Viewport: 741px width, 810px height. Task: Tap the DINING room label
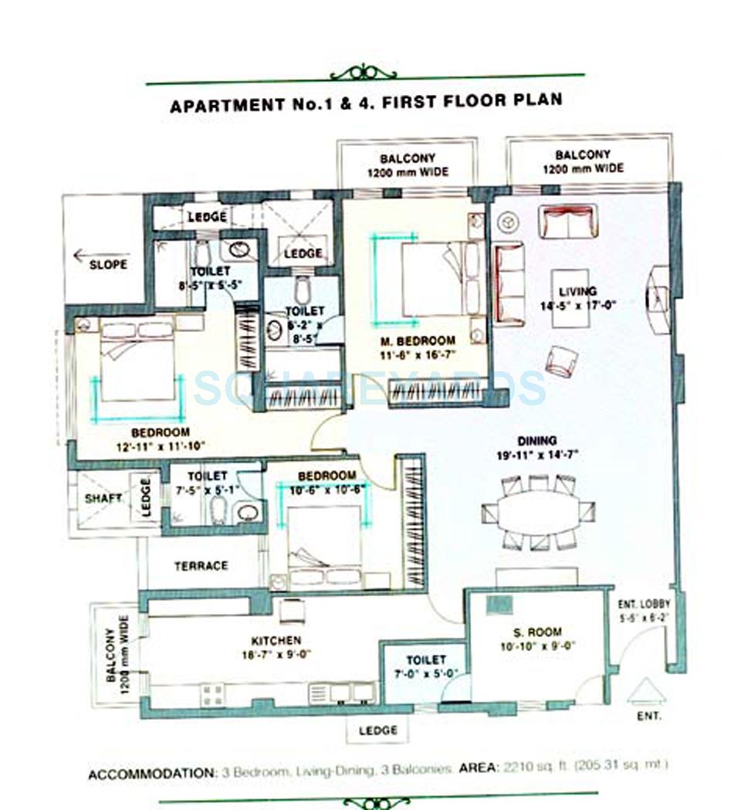click(x=538, y=441)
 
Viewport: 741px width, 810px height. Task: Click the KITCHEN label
click(x=276, y=640)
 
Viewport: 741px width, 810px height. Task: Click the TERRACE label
click(x=201, y=565)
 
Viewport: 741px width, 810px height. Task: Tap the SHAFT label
click(x=103, y=498)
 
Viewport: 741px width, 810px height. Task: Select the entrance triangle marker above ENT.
click(x=646, y=691)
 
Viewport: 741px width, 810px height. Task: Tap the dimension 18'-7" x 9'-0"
click(x=276, y=654)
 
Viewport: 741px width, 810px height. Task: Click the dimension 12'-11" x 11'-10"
click(x=161, y=446)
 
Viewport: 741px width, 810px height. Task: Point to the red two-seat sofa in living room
click(x=567, y=221)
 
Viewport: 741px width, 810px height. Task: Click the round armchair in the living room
click(x=562, y=361)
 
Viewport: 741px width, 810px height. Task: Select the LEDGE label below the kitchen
click(x=377, y=730)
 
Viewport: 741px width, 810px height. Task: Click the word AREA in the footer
click(x=477, y=768)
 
